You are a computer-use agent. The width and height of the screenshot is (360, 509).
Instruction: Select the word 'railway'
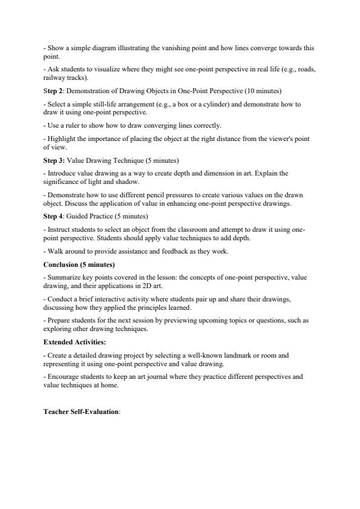point(54,77)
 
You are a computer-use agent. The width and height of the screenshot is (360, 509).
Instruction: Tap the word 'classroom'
point(173,229)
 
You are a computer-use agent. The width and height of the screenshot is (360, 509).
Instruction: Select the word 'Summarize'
point(63,277)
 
